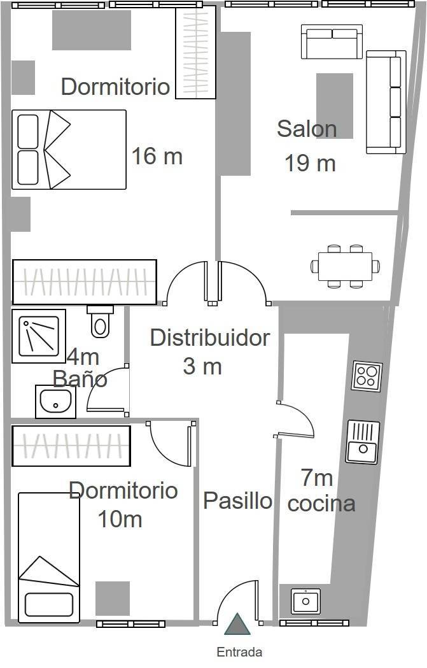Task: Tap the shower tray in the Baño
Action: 39,336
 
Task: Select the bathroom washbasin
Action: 55,401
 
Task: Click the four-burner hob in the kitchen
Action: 367,376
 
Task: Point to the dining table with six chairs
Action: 346,266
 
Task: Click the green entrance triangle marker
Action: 237,624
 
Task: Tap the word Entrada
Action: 239,652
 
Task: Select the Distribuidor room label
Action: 210,338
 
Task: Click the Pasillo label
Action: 237,500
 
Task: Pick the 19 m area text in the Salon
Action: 310,163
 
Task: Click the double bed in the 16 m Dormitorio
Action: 69,150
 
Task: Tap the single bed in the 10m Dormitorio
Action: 49,557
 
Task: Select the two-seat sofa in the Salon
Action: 332,41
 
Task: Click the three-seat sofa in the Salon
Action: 386,102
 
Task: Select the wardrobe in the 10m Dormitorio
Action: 71,446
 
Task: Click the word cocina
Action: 321,504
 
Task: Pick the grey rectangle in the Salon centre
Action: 335,106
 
